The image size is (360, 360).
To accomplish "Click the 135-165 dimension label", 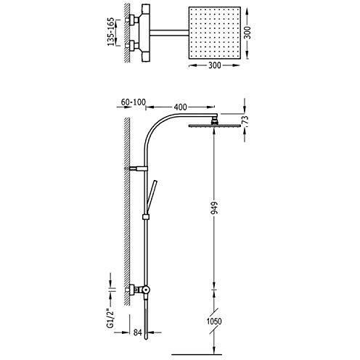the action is click(x=110, y=32).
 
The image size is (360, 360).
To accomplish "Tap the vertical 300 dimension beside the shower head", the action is click(x=247, y=33).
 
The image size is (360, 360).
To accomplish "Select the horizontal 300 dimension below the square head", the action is click(x=214, y=65).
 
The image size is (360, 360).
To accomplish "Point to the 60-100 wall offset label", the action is click(x=134, y=102).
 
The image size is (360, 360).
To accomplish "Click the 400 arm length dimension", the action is click(x=180, y=107).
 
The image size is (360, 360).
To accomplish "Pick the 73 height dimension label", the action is click(x=245, y=120).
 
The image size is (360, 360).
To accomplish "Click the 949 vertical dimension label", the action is click(x=214, y=208).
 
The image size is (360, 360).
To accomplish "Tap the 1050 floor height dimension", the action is click(x=214, y=322).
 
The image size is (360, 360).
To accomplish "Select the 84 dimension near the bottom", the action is click(x=137, y=332).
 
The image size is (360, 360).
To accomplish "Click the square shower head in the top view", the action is click(x=214, y=33).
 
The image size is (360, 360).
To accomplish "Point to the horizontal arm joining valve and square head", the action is click(x=169, y=33).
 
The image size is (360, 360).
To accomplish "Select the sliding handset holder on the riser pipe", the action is click(x=145, y=217).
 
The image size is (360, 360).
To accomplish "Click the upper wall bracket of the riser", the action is click(x=139, y=168).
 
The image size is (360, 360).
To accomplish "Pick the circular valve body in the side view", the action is click(x=146, y=290).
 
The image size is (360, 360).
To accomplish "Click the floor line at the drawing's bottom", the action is click(x=197, y=355).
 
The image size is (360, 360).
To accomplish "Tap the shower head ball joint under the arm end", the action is click(x=214, y=121).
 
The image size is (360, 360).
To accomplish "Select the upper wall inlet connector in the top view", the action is click(x=134, y=20).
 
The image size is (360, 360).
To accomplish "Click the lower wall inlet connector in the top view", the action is click(x=134, y=46).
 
